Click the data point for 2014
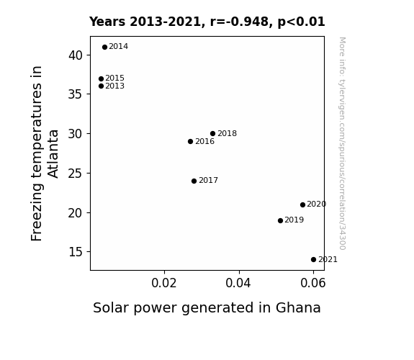[x=104, y=48]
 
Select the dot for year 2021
[x=313, y=260]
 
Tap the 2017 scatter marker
[x=194, y=181]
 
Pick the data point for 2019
[x=280, y=220]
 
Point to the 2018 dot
[x=213, y=133]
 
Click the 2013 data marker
[x=101, y=86]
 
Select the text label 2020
[x=317, y=204]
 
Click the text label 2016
[x=205, y=142]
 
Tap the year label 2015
[x=115, y=78]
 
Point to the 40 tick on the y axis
[x=76, y=55]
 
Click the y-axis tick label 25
[x=76, y=174]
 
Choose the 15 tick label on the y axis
[x=76, y=252]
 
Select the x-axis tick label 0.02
[x=164, y=283]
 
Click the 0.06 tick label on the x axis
[x=313, y=283]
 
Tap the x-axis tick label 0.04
[x=238, y=283]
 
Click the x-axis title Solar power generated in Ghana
[x=207, y=308]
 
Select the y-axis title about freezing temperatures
[x=44, y=153]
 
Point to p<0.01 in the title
[x=301, y=22]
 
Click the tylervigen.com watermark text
[x=342, y=143]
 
